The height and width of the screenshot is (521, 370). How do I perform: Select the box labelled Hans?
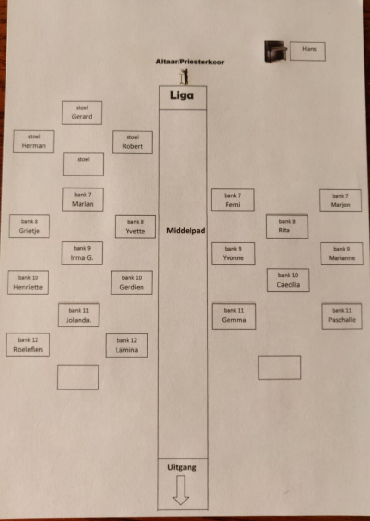(x=308, y=51)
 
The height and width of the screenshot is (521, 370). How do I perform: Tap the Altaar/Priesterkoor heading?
(x=190, y=62)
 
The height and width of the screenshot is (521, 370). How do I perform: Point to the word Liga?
(x=182, y=96)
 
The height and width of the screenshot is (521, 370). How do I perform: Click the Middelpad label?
(x=185, y=231)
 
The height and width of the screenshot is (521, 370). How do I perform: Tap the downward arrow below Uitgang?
(x=181, y=490)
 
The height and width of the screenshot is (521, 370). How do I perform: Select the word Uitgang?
(x=182, y=467)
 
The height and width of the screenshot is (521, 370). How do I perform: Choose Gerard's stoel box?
(x=82, y=113)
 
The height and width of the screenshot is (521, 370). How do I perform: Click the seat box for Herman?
(x=34, y=141)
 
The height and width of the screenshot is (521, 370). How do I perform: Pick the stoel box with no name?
(x=83, y=164)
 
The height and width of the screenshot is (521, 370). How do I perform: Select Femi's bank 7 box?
(x=233, y=200)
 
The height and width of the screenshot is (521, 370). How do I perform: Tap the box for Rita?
(x=287, y=226)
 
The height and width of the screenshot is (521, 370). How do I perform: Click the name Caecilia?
(x=288, y=285)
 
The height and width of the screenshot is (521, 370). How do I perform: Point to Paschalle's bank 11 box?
(x=342, y=316)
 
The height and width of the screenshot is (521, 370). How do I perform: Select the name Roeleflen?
(x=28, y=350)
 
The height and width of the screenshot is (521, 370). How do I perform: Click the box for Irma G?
(x=82, y=253)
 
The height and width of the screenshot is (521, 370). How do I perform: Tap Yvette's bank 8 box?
(x=135, y=226)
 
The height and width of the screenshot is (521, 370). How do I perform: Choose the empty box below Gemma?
(x=279, y=367)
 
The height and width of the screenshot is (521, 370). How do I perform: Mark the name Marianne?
(x=342, y=258)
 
